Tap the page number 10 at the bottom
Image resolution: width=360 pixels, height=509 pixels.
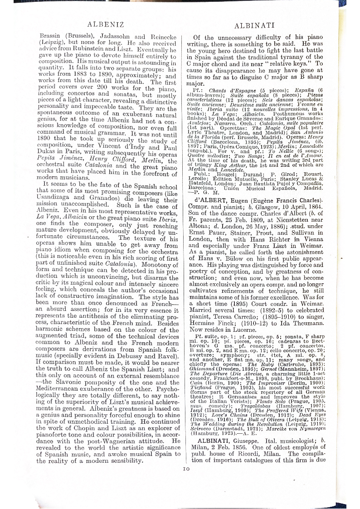point(186,468)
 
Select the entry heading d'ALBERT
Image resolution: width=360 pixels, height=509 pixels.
point(211,199)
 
